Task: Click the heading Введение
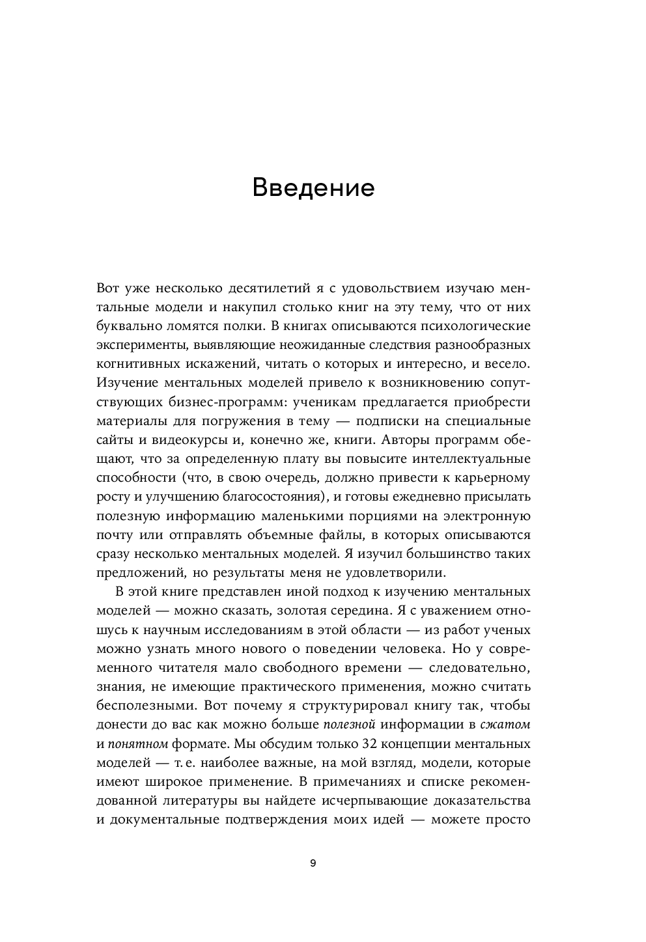(x=313, y=187)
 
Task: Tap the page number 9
(x=313, y=863)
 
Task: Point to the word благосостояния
(x=259, y=497)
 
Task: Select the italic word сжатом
(x=506, y=725)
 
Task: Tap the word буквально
(x=128, y=325)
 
